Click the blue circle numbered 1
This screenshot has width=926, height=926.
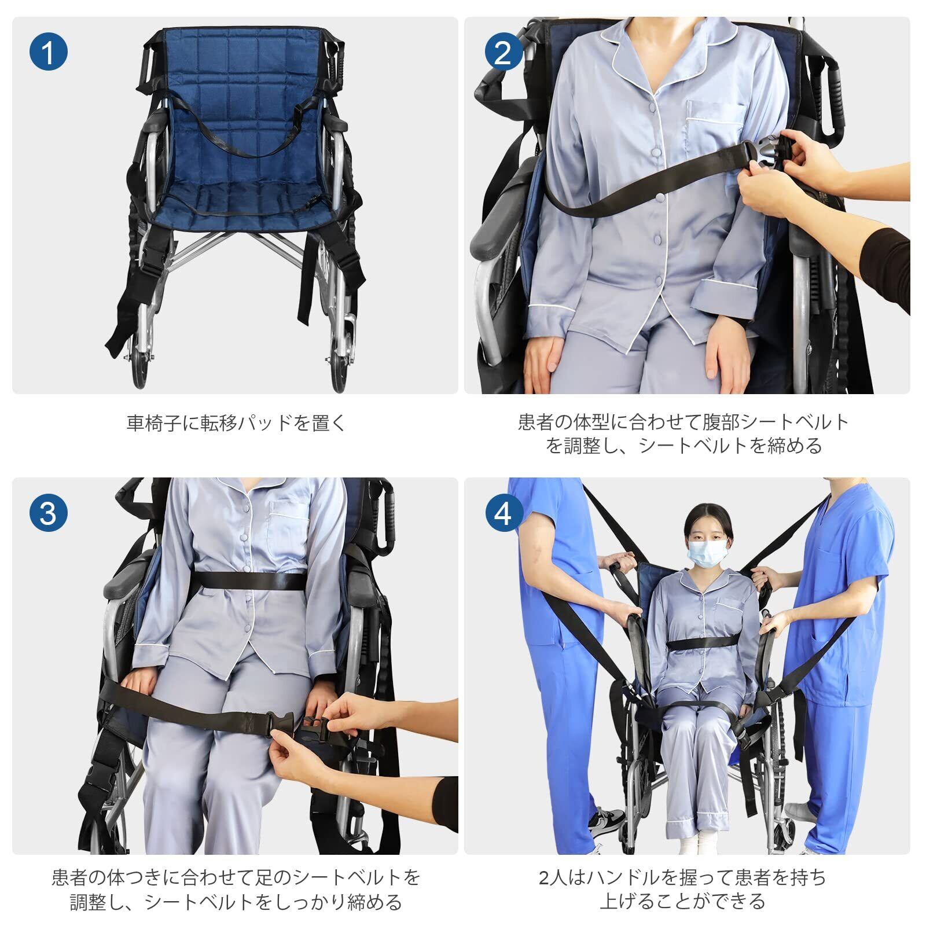[49, 52]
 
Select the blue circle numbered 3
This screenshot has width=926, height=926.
[49, 512]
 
